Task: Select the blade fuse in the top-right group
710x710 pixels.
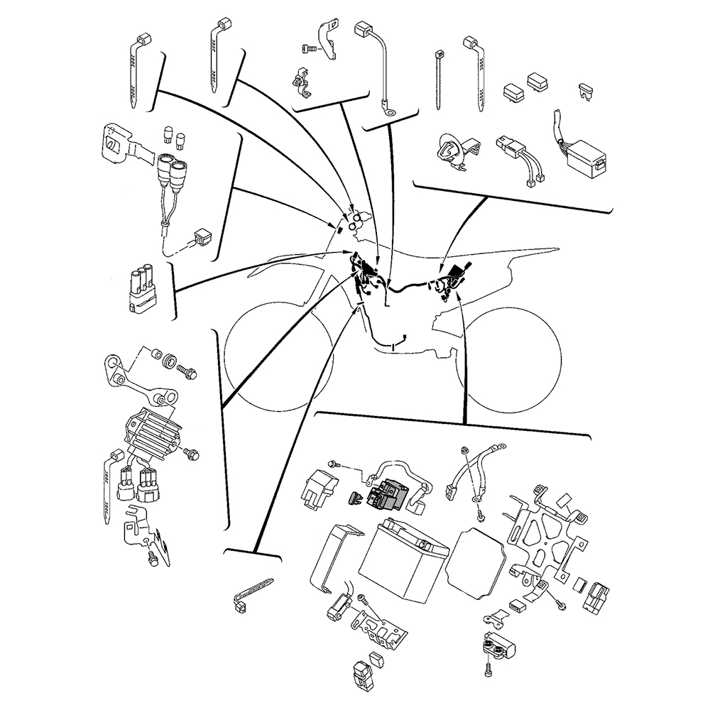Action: coord(584,89)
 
